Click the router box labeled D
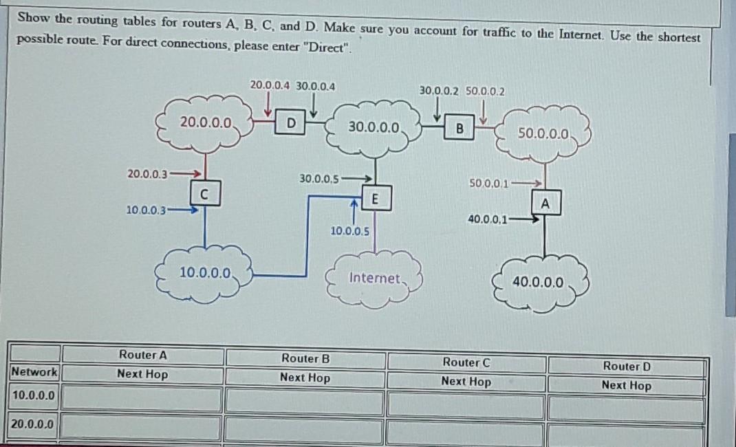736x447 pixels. [292, 123]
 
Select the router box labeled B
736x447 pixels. [459, 127]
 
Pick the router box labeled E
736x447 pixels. [375, 199]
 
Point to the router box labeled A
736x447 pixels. [545, 204]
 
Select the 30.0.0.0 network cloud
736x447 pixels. [374, 127]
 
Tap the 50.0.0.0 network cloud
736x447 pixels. [543, 133]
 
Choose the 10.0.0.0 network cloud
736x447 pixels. [205, 272]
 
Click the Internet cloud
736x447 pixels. [374, 278]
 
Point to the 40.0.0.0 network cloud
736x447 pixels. [537, 282]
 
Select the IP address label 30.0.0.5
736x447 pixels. [319, 179]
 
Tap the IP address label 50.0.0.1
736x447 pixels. [488, 184]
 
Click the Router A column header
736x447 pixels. [142, 355]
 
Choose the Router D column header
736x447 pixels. [626, 367]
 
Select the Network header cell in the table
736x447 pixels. [34, 372]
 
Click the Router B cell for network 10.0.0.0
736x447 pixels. [305, 401]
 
